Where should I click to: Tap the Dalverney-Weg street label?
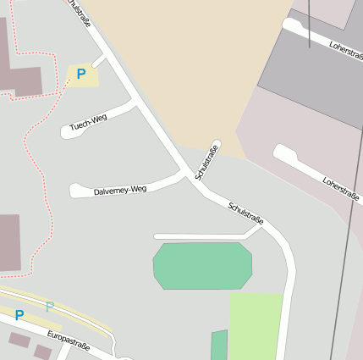point(120,190)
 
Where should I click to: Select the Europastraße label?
point(68,339)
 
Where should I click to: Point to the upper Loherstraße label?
point(346,52)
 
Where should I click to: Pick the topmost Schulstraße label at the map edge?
point(77,13)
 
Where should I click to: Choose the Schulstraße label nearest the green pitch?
point(246,213)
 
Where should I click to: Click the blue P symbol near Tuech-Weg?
point(81,75)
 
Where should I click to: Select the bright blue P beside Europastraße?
point(19,315)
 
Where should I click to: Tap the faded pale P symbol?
point(49,307)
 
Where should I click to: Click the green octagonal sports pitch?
point(203,266)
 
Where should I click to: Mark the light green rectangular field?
point(256,326)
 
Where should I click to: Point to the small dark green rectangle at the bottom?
point(219,346)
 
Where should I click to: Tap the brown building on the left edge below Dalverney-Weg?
point(9,242)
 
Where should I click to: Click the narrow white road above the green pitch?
point(203,235)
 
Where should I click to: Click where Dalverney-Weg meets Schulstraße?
point(186,175)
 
